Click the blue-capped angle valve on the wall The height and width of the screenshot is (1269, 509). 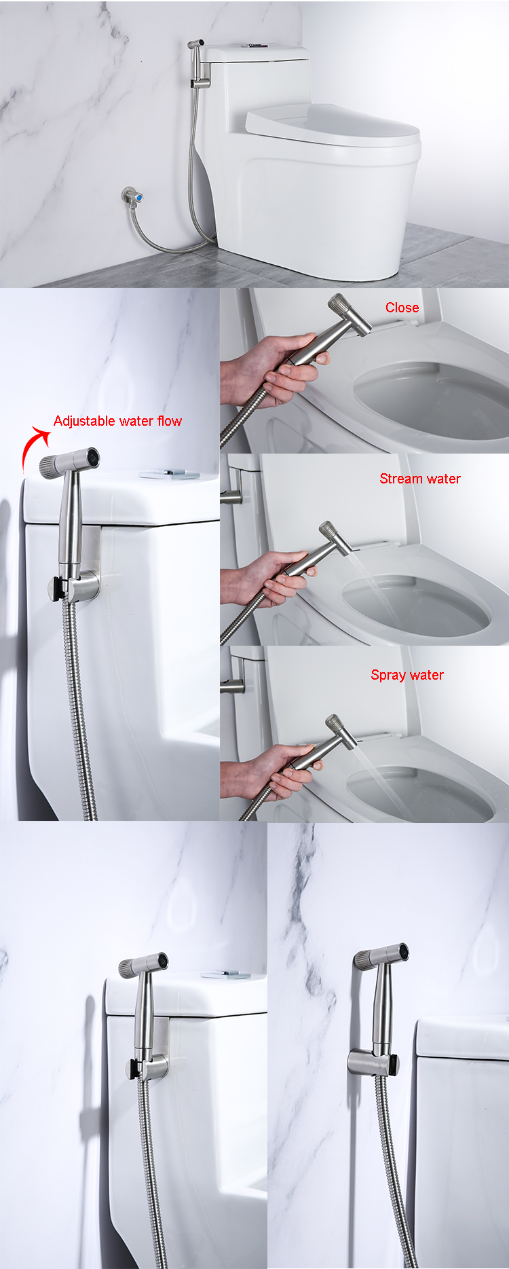pyautogui.click(x=133, y=196)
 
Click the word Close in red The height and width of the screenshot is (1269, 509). pyautogui.click(x=402, y=308)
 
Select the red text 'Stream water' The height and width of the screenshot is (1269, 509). pyautogui.click(x=420, y=479)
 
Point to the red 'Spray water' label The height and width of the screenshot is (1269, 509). pyautogui.click(x=407, y=675)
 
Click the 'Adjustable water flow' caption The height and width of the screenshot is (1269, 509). pyautogui.click(x=117, y=421)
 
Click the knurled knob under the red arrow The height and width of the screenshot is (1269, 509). pyautogui.click(x=52, y=466)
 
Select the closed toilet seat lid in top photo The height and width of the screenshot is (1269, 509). pyautogui.click(x=333, y=125)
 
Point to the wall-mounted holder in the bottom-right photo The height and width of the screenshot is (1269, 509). pyautogui.click(x=373, y=1063)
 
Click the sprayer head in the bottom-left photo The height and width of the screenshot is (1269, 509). pyautogui.click(x=143, y=965)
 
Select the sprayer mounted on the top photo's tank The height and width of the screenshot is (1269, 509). pyautogui.click(x=197, y=62)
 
